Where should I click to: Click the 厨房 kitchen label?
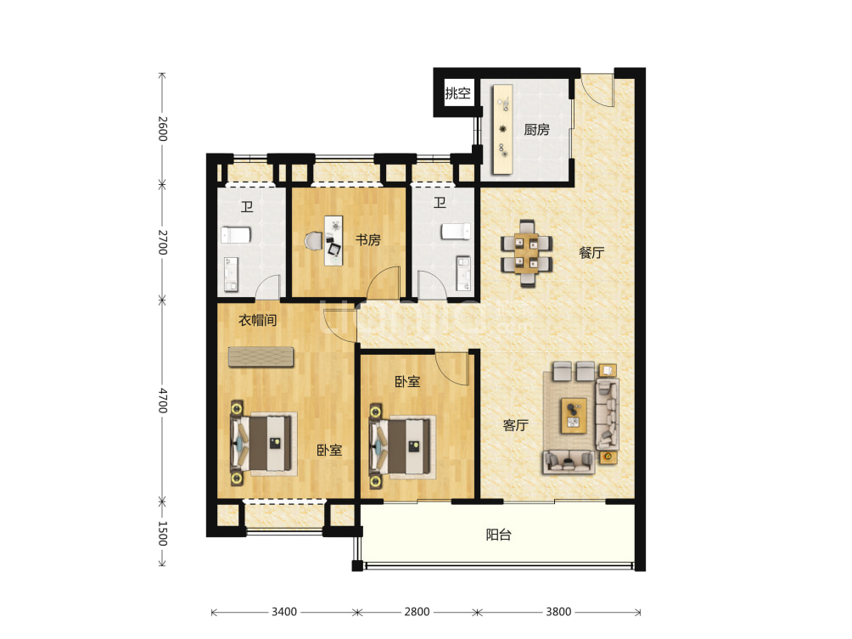pyautogui.click(x=536, y=129)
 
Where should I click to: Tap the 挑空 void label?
pyautogui.click(x=457, y=93)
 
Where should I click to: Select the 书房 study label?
pyautogui.click(x=367, y=239)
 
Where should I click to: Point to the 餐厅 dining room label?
pyautogui.click(x=591, y=253)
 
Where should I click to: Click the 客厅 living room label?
pyautogui.click(x=515, y=425)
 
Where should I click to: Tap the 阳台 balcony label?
pyautogui.click(x=498, y=535)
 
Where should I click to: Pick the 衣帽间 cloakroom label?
pyautogui.click(x=258, y=320)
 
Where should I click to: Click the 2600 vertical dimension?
pyautogui.click(x=162, y=129)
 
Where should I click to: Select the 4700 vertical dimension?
pyautogui.click(x=162, y=400)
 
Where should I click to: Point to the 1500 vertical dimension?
pyautogui.click(x=162, y=533)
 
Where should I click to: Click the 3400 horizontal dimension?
pyautogui.click(x=284, y=612)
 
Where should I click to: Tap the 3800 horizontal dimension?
pyautogui.click(x=558, y=612)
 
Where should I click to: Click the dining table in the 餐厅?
pyautogui.click(x=526, y=253)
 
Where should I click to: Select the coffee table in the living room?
pyautogui.click(x=574, y=416)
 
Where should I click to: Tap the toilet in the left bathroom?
pyautogui.click(x=236, y=235)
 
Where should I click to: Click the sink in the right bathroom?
pyautogui.click(x=463, y=272)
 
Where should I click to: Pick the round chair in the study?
pyautogui.click(x=313, y=241)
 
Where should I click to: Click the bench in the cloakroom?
pyautogui.click(x=261, y=357)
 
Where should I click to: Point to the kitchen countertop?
pyautogui.click(x=502, y=129)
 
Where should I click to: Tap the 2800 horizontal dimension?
pyautogui.click(x=417, y=612)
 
